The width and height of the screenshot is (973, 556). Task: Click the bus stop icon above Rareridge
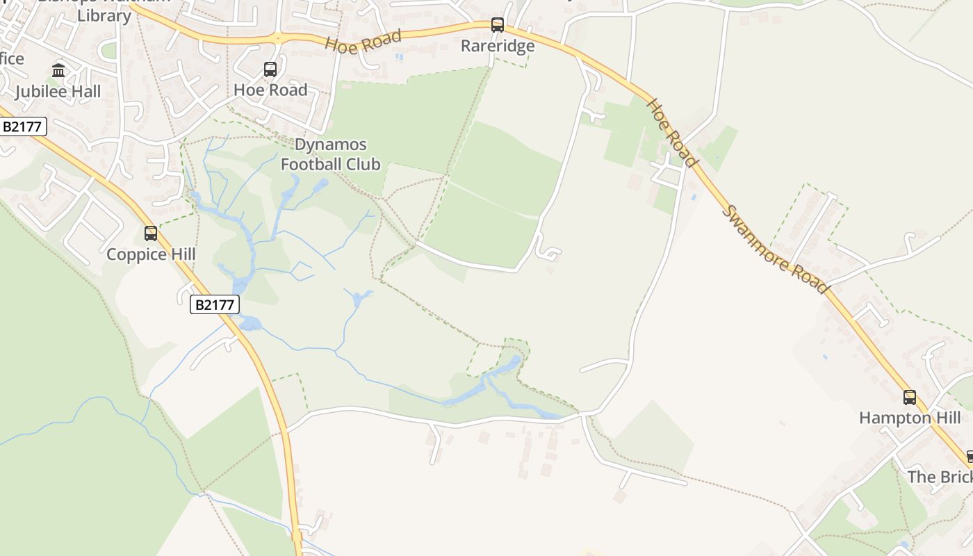pos(498,25)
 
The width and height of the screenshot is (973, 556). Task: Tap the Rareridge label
pos(498,46)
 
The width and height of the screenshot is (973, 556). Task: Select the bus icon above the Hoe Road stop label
pos(270,69)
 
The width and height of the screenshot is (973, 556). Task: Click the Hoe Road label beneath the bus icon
pos(270,90)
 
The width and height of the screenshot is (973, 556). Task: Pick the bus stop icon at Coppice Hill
pos(151,234)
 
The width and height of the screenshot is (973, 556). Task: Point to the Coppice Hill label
pos(151,254)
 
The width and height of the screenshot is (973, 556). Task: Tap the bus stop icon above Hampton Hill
pos(910,398)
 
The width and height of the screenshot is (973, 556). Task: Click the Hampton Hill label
pos(910,418)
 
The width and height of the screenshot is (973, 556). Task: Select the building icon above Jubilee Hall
pos(58,70)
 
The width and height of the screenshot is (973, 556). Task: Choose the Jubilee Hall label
pos(58,91)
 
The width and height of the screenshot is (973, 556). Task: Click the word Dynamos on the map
pos(331,145)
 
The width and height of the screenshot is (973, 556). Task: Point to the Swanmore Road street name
pos(775,248)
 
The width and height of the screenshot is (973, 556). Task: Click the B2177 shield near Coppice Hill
pos(215,304)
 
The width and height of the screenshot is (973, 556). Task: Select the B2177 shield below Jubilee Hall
pos(23,126)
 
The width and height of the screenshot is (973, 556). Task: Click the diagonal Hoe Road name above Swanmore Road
pos(671,132)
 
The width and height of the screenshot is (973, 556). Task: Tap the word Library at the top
pos(104,15)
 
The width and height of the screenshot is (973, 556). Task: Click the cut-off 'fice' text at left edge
pos(12,58)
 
